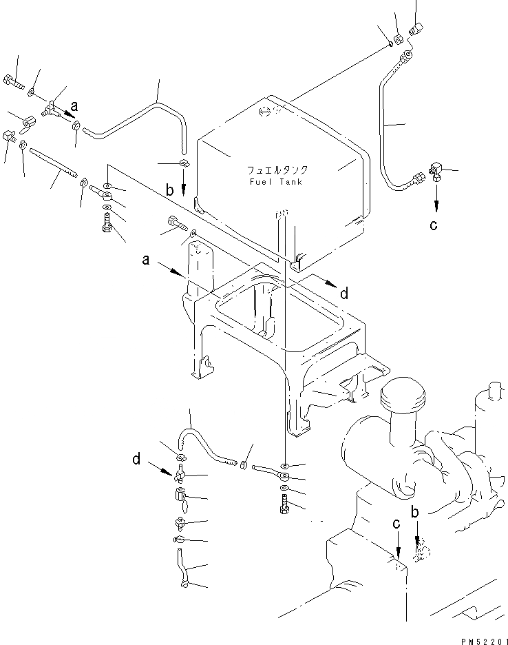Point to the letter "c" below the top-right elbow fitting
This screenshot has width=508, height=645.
tap(433, 225)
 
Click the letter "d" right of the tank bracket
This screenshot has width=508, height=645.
tap(344, 294)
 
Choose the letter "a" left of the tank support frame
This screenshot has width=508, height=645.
tap(146, 260)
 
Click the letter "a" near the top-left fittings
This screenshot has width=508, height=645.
tap(74, 106)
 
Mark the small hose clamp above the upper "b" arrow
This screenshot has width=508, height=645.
tap(183, 163)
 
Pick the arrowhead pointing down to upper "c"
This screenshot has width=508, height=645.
tap(435, 205)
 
